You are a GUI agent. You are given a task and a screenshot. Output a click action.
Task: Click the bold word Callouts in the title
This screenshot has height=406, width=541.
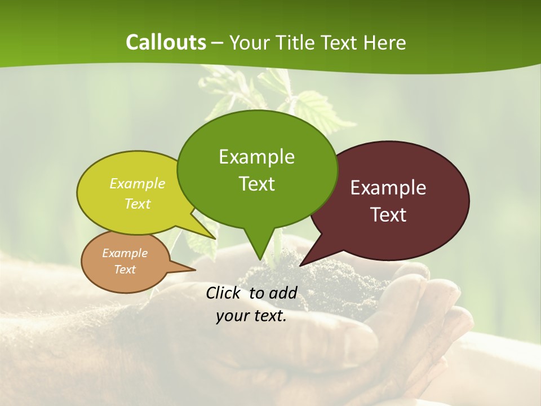coord(166,42)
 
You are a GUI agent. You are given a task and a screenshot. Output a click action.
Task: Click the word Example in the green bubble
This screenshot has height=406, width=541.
coord(256,157)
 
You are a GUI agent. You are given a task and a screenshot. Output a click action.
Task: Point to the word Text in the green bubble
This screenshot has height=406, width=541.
coord(256,184)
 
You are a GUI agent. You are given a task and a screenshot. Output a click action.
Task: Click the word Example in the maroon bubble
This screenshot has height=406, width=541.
coord(388,188)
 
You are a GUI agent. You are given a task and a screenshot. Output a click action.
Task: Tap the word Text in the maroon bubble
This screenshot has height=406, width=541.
coord(388,215)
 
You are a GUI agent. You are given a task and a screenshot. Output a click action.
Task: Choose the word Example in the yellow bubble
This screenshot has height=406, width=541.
coord(137,184)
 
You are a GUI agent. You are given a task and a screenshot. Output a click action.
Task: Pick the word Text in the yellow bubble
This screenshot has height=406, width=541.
coord(137,204)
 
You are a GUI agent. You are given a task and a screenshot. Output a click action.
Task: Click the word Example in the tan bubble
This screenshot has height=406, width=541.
coord(125,253)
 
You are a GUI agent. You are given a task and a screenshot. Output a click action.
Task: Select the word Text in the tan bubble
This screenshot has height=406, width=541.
coord(125,270)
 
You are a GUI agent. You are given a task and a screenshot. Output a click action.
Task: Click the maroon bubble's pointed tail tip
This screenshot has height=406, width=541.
coord(301,264)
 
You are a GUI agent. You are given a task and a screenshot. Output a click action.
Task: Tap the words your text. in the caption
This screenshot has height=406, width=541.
coord(251,316)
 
